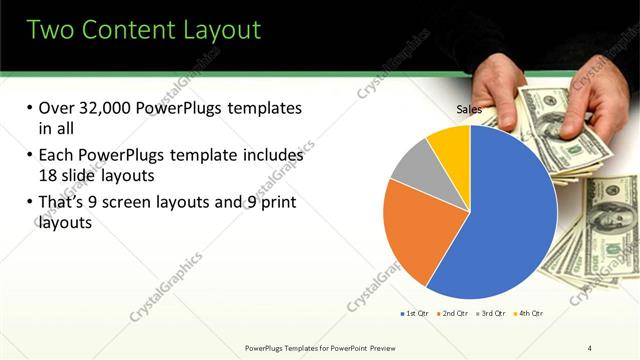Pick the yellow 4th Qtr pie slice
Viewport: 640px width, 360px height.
[x=450, y=145]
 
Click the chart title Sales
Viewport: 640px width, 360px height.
[x=470, y=109]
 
